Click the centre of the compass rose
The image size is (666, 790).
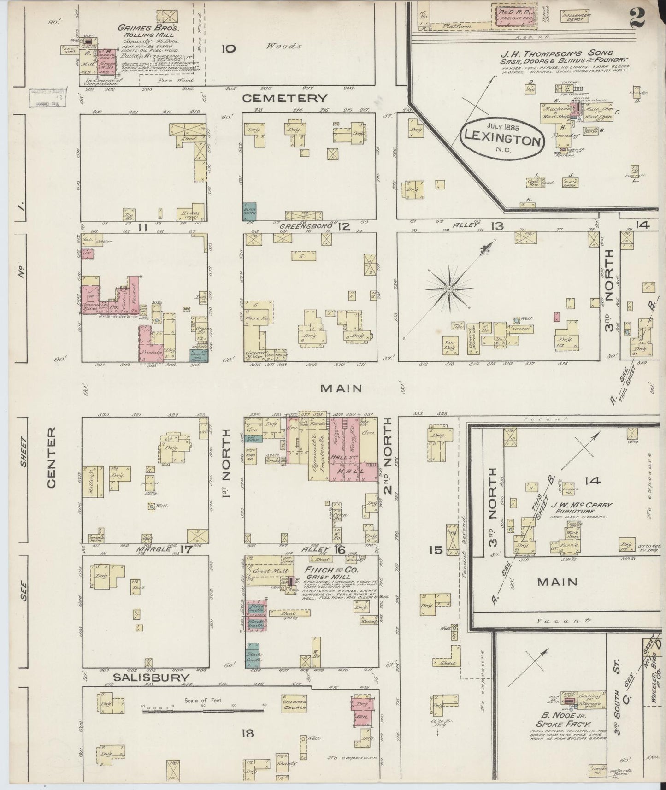point(448,289)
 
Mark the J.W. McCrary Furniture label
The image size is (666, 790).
point(582,508)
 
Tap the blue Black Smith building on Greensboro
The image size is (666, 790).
point(249,212)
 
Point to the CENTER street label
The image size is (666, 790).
point(51,457)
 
